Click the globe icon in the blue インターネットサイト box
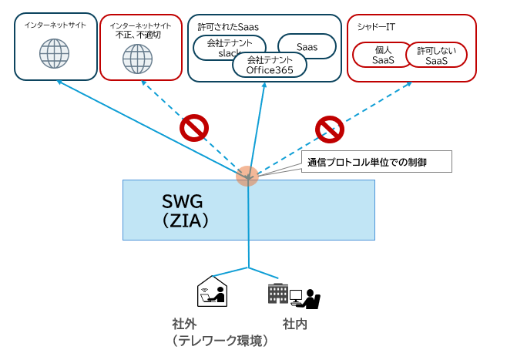click(x=54, y=53)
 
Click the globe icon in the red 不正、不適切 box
click(x=138, y=57)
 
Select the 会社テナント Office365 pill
click(x=270, y=65)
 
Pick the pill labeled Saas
click(x=307, y=46)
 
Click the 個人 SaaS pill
click(x=379, y=55)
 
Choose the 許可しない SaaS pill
click(x=436, y=55)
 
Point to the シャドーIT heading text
click(x=377, y=26)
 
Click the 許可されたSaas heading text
click(x=228, y=26)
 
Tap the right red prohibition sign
click(x=329, y=128)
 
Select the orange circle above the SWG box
click(x=247, y=175)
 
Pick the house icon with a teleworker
click(x=212, y=290)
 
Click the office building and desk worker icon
click(x=293, y=294)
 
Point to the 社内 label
click(x=295, y=324)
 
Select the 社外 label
click(x=185, y=324)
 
